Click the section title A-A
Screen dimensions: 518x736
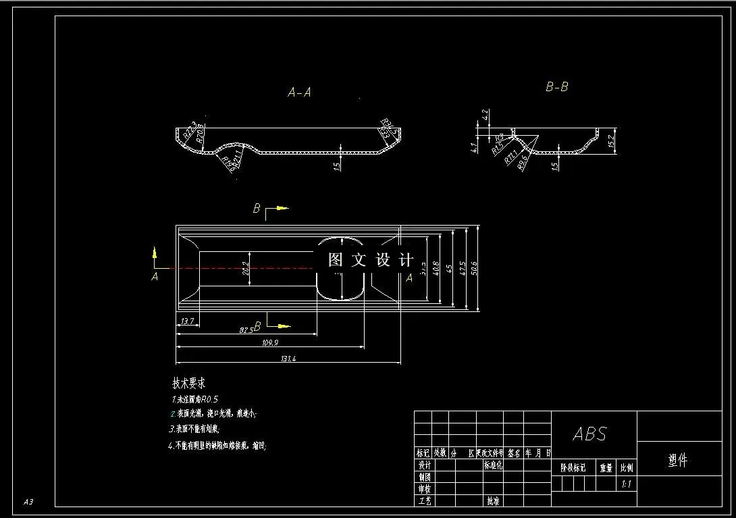pyautogui.click(x=299, y=93)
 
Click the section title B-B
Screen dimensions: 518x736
pyautogui.click(x=557, y=87)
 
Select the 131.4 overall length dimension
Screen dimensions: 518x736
pyautogui.click(x=287, y=359)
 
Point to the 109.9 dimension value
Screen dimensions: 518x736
pyautogui.click(x=270, y=343)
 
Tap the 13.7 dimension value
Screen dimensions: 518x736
pyautogui.click(x=187, y=322)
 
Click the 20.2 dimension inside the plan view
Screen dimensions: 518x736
pyautogui.click(x=246, y=268)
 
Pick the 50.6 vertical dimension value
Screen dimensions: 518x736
pyautogui.click(x=475, y=268)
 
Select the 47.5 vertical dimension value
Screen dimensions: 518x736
pyautogui.click(x=463, y=268)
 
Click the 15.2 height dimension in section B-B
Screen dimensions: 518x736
pyautogui.click(x=611, y=141)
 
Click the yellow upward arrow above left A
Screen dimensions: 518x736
pyautogui.click(x=155, y=253)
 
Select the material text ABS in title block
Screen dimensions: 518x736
pyautogui.click(x=590, y=434)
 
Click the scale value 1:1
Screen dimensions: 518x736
pyautogui.click(x=627, y=484)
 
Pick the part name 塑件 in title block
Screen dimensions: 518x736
pyautogui.click(x=677, y=461)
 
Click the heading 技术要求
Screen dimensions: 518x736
pyautogui.click(x=189, y=383)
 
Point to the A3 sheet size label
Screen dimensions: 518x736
pyautogui.click(x=28, y=502)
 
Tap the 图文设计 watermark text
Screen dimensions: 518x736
pyautogui.click(x=371, y=260)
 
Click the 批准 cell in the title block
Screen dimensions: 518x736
pyautogui.click(x=493, y=501)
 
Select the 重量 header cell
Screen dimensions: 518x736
pyautogui.click(x=606, y=467)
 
